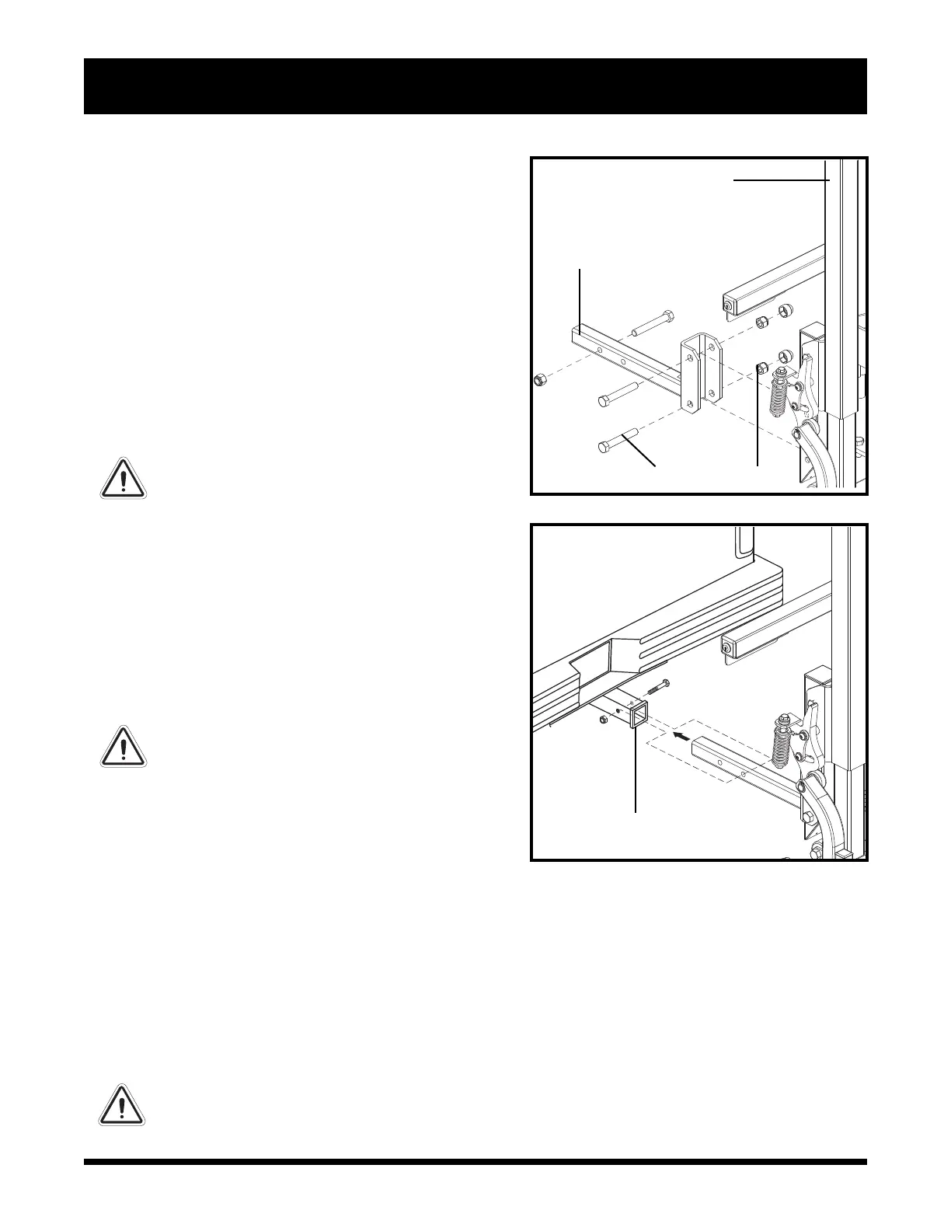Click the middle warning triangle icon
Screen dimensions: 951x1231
point(123,747)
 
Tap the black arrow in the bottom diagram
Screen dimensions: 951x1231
point(682,734)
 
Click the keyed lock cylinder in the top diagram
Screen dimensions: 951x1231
point(728,305)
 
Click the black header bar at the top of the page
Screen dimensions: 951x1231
point(475,85)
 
